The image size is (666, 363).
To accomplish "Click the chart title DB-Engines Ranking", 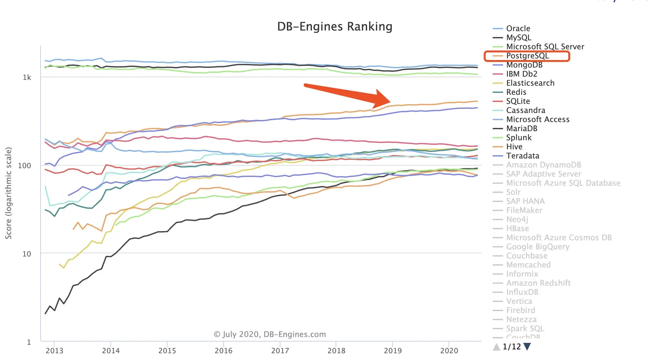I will click(x=335, y=27).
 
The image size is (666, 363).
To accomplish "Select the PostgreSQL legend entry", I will click(x=527, y=56).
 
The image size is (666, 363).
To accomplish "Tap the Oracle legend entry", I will click(x=518, y=29).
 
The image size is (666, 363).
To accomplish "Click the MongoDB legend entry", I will click(x=524, y=65).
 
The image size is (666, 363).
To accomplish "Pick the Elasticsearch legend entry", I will click(x=530, y=83).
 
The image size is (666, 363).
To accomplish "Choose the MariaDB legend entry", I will click(x=522, y=129).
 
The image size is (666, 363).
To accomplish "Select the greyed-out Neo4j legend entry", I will click(x=517, y=219).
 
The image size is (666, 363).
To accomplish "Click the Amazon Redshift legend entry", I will click(x=538, y=283).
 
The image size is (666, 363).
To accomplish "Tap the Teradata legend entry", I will click(x=523, y=156).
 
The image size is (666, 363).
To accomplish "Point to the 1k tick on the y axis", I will click(x=27, y=77).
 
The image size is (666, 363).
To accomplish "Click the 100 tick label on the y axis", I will click(x=25, y=166).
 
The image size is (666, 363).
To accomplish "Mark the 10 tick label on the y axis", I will click(x=27, y=254).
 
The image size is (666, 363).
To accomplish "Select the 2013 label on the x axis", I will click(x=55, y=351).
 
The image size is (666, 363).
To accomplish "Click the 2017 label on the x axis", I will click(x=280, y=351).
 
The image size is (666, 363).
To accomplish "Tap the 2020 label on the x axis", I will click(x=449, y=351).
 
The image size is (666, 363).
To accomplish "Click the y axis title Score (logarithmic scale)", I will click(x=8, y=193).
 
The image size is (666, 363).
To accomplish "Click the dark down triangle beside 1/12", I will click(x=527, y=347).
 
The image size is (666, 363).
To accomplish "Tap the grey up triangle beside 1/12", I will click(x=497, y=347).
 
